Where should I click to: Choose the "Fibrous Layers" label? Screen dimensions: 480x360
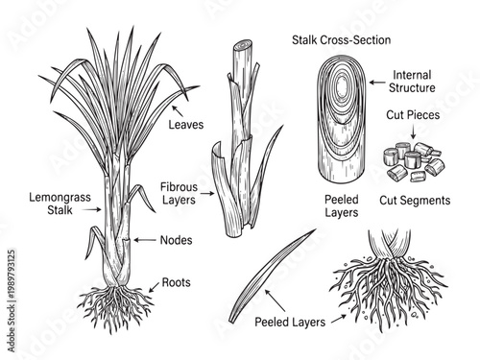coord(178,193)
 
